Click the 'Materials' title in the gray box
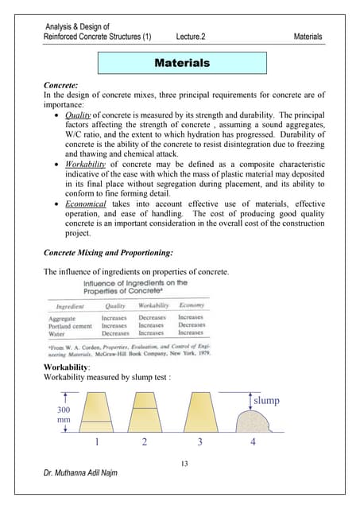click(181, 62)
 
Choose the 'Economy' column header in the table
click(192, 305)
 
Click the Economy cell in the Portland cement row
click(192, 325)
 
